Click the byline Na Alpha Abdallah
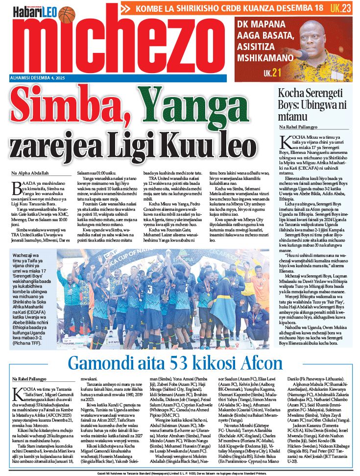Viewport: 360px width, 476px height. coord(29,174)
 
